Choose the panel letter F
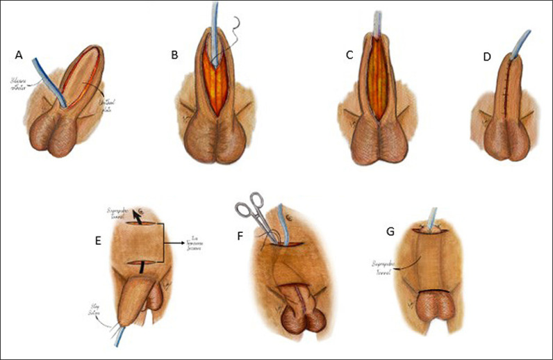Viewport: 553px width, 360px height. pos(240,236)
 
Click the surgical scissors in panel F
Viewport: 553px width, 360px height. pos(251,213)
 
